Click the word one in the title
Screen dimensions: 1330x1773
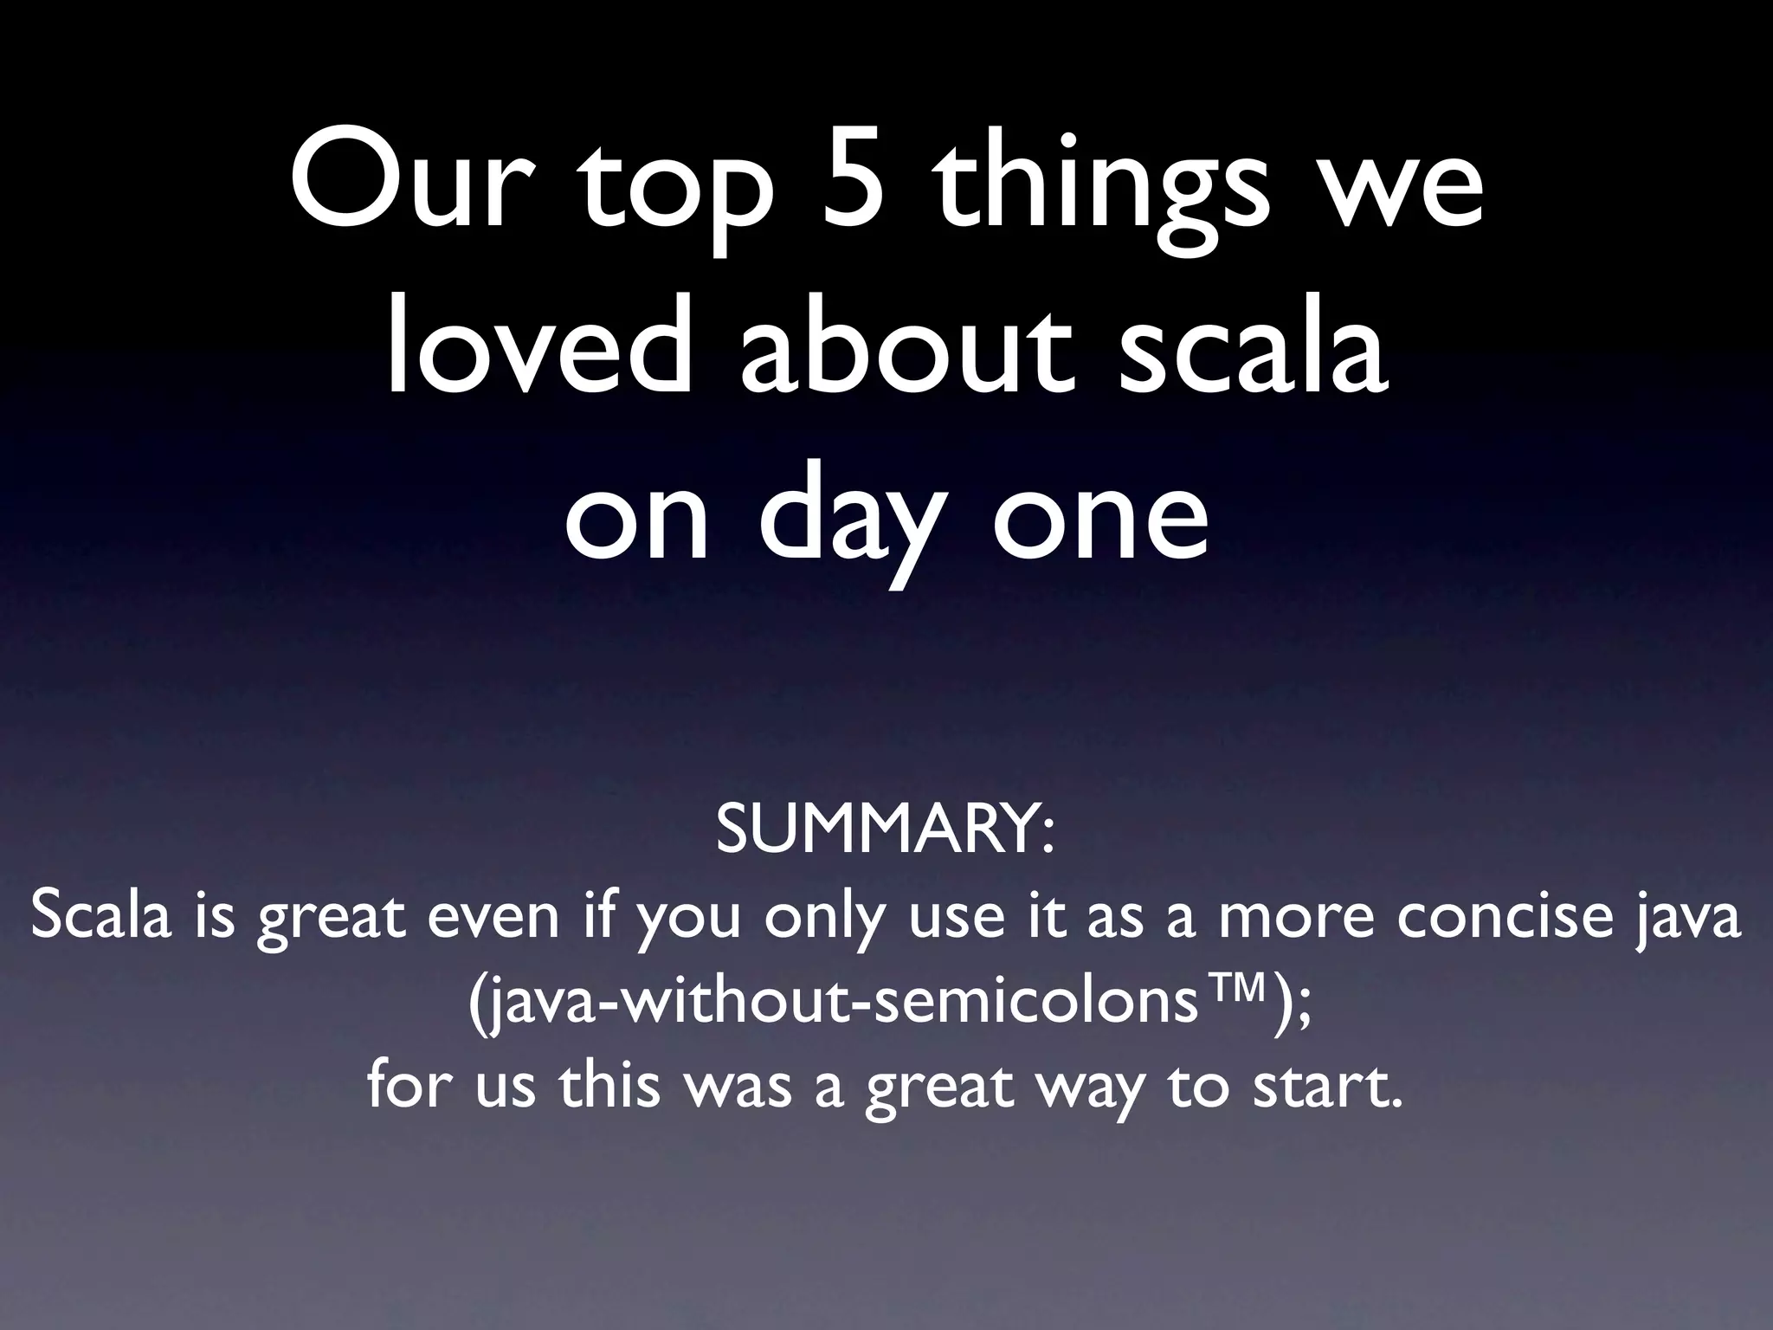pos(1099,520)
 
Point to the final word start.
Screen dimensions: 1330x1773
pos(1316,1087)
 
